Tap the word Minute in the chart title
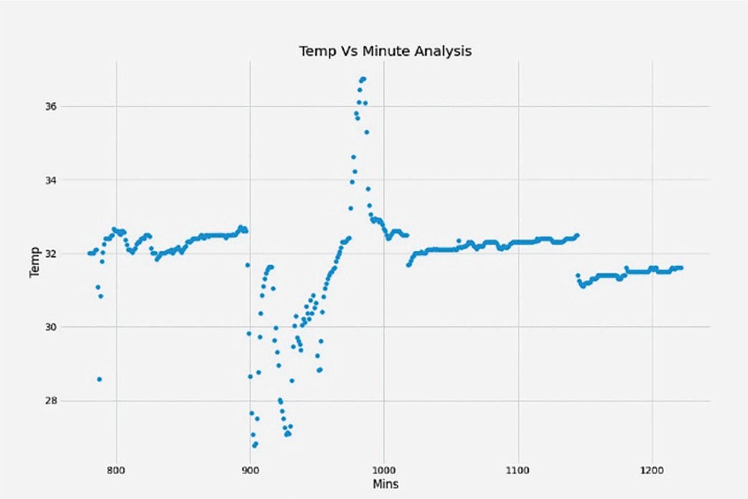385,51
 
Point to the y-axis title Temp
34,261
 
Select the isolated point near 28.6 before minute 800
99,379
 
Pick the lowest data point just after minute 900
254,445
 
